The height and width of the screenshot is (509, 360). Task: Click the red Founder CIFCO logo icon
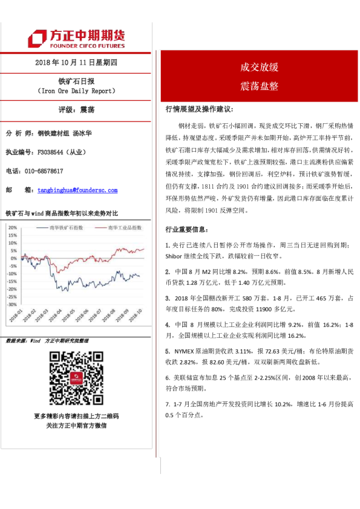tap(41, 39)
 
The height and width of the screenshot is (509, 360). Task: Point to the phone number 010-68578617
tap(44, 171)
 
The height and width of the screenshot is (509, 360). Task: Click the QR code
tap(76, 378)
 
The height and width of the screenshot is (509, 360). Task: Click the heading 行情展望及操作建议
tap(199, 109)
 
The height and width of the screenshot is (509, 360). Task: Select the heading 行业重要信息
tap(188, 230)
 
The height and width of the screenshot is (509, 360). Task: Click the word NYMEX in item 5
tap(185, 351)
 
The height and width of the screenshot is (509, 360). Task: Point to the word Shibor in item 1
tap(176, 258)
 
